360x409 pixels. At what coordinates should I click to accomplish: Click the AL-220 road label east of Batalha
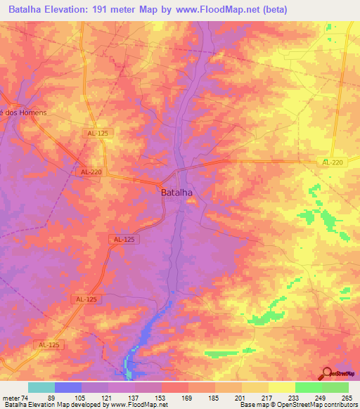[x=333, y=162]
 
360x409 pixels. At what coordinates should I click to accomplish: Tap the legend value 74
[x=26, y=397]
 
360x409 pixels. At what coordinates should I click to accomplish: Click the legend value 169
[x=186, y=397]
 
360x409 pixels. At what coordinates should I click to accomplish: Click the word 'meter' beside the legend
[x=11, y=397]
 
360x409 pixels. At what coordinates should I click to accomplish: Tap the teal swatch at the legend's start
[x=41, y=387]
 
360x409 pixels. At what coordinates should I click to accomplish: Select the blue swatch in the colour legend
[x=67, y=387]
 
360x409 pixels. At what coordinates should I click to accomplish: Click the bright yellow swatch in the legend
[x=281, y=387]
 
